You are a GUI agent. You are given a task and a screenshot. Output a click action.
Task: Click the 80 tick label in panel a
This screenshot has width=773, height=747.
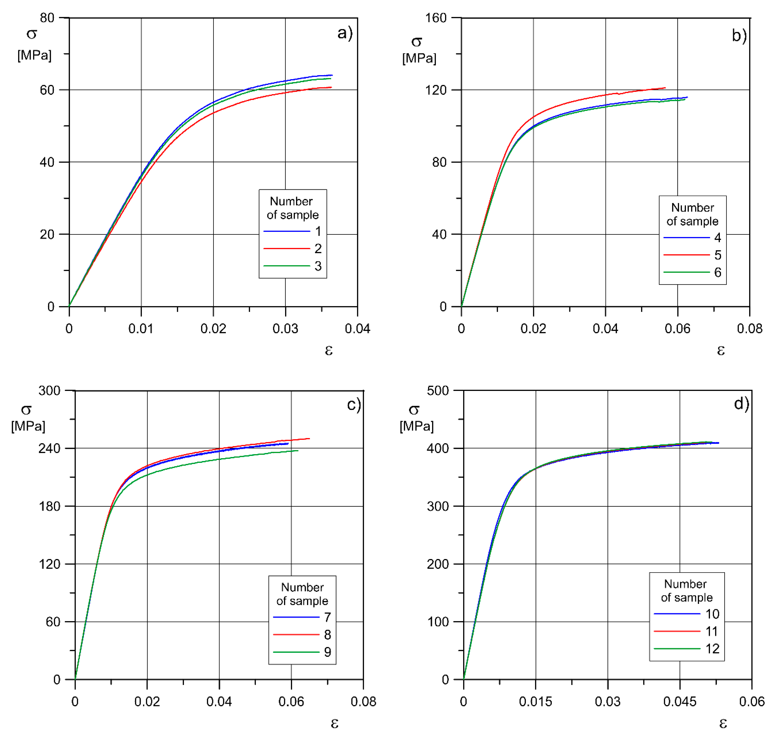click(x=47, y=18)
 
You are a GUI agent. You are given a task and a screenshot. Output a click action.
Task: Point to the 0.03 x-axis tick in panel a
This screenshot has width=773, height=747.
click(x=285, y=328)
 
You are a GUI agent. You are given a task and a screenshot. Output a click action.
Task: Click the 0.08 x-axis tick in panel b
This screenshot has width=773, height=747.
click(x=749, y=328)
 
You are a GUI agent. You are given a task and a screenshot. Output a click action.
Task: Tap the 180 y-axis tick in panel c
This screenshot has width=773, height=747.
click(x=49, y=506)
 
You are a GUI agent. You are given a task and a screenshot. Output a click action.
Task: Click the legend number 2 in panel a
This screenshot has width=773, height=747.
click(x=318, y=249)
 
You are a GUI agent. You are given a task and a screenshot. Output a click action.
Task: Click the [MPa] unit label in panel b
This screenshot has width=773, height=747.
click(x=419, y=58)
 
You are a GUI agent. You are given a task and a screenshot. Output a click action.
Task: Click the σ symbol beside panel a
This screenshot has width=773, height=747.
click(x=32, y=34)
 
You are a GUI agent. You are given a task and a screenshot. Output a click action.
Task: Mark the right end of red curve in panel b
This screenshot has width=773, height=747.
click(x=665, y=88)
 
